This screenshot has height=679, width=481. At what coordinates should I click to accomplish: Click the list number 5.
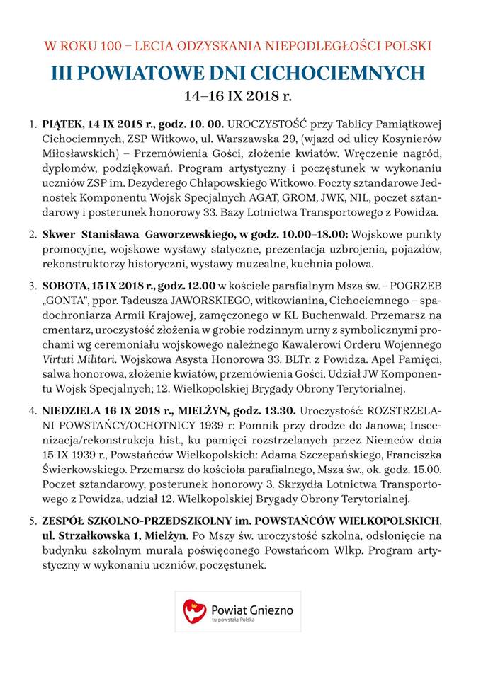[33, 521]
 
